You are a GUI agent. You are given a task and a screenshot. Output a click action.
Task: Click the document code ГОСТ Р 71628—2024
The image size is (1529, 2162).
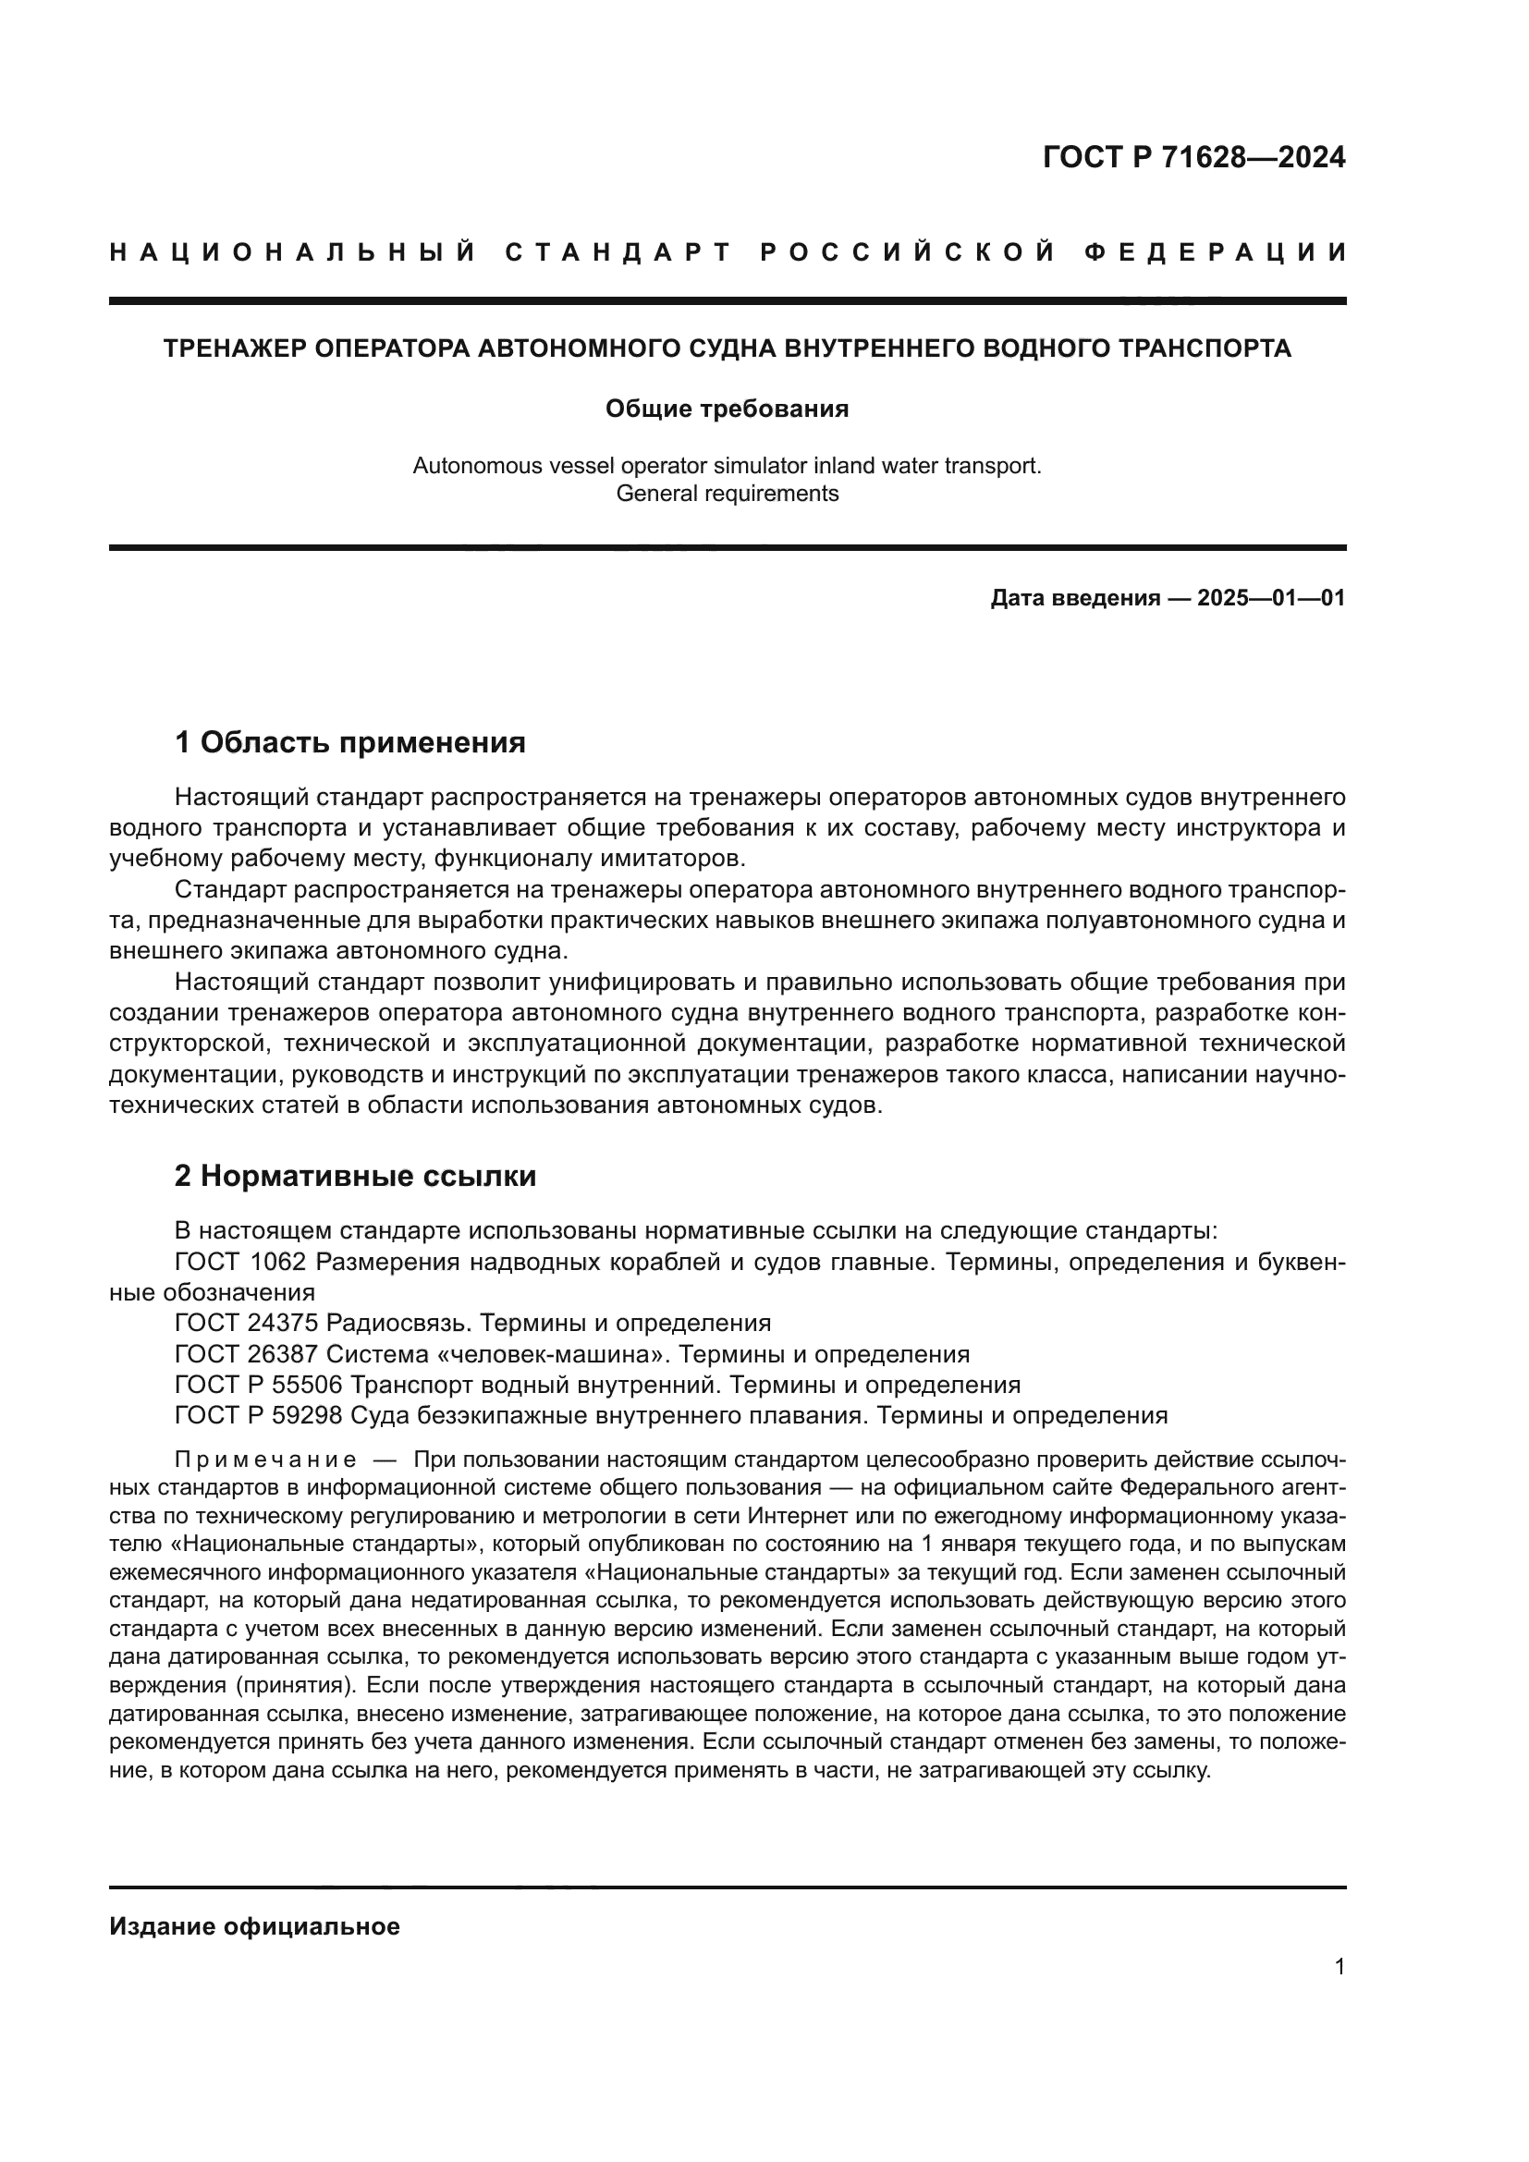pyautogui.click(x=1193, y=157)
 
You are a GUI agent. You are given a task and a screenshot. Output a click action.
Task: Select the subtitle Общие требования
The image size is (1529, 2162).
pyautogui.click(x=727, y=409)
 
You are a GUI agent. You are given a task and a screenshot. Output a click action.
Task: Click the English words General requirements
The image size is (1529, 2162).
pyautogui.click(x=727, y=494)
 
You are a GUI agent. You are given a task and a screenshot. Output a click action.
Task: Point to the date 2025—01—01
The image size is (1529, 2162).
pyautogui.click(x=1271, y=598)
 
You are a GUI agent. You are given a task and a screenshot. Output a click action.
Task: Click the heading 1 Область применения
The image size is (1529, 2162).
pyautogui.click(x=350, y=743)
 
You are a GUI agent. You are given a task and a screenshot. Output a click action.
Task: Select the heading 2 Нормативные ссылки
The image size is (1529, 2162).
pyautogui.click(x=356, y=1176)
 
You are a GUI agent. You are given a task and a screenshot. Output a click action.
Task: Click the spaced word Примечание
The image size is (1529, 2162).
pyautogui.click(x=265, y=1460)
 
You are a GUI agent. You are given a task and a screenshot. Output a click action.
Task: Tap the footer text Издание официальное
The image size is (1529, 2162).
pyautogui.click(x=254, y=1926)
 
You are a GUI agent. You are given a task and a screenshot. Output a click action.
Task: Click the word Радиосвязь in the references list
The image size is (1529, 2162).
pyautogui.click(x=398, y=1323)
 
